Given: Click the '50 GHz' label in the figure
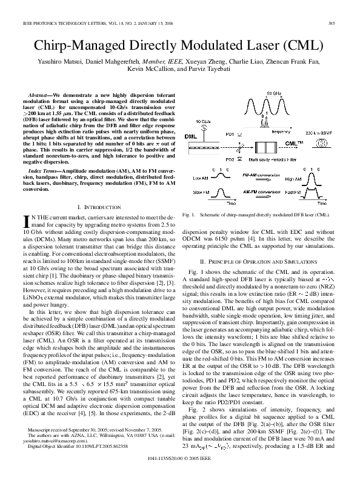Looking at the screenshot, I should (273, 93).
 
